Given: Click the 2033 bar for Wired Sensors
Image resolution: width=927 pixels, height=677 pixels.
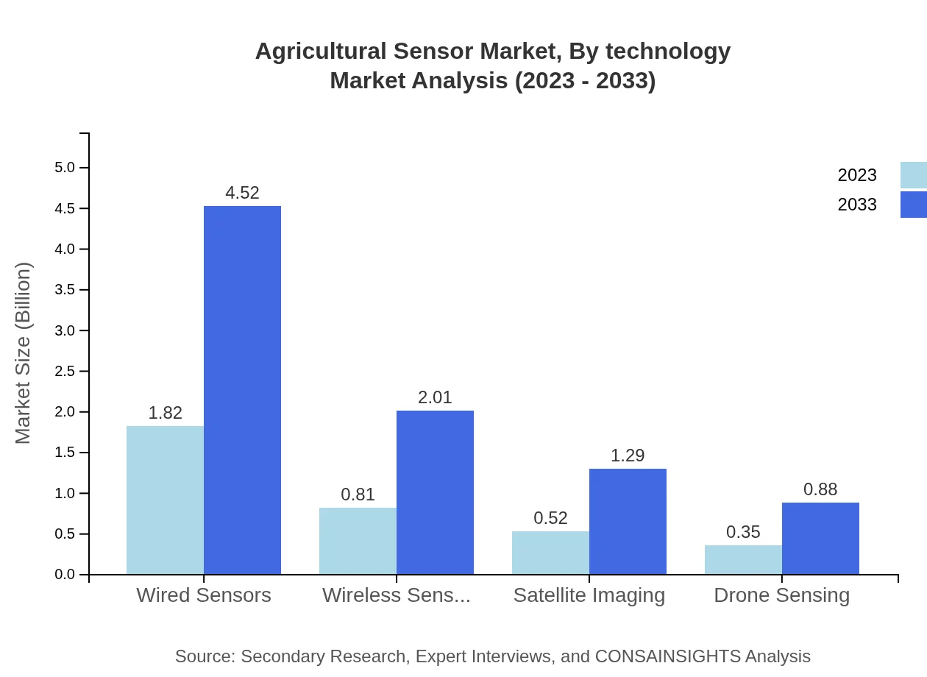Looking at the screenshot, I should (242, 390).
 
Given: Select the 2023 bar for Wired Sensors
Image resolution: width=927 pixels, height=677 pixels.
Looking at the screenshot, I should (165, 500).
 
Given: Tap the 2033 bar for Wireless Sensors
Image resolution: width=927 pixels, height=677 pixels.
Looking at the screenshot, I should (435, 492).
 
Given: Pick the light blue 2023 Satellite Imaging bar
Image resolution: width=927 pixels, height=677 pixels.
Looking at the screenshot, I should (550, 553).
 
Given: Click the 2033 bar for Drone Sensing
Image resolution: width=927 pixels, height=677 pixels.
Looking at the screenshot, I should (820, 539).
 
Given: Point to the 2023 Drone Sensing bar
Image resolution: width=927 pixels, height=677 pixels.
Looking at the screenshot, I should (743, 560).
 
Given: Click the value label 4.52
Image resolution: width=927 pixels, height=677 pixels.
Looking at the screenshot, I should (242, 193).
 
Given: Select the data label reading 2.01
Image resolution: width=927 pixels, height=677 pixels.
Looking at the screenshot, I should (435, 397).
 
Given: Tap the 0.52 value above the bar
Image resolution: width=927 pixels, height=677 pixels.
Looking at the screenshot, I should (550, 518).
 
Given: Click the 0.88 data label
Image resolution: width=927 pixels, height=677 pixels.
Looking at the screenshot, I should (820, 489).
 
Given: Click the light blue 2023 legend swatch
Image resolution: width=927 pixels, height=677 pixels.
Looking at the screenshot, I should (913, 175).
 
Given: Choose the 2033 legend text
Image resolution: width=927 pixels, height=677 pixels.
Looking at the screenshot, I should (857, 205).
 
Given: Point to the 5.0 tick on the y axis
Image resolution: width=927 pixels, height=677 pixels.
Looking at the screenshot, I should (65, 168).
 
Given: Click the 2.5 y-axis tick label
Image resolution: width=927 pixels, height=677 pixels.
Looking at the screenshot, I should (65, 372).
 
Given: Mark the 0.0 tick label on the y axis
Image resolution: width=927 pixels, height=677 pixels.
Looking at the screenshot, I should (65, 575).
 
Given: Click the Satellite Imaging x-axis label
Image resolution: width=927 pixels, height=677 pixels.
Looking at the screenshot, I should (589, 595).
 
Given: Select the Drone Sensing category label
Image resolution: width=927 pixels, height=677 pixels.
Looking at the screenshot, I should (781, 595).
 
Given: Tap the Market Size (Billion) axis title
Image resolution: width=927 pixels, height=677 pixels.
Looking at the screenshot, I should (24, 353).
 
